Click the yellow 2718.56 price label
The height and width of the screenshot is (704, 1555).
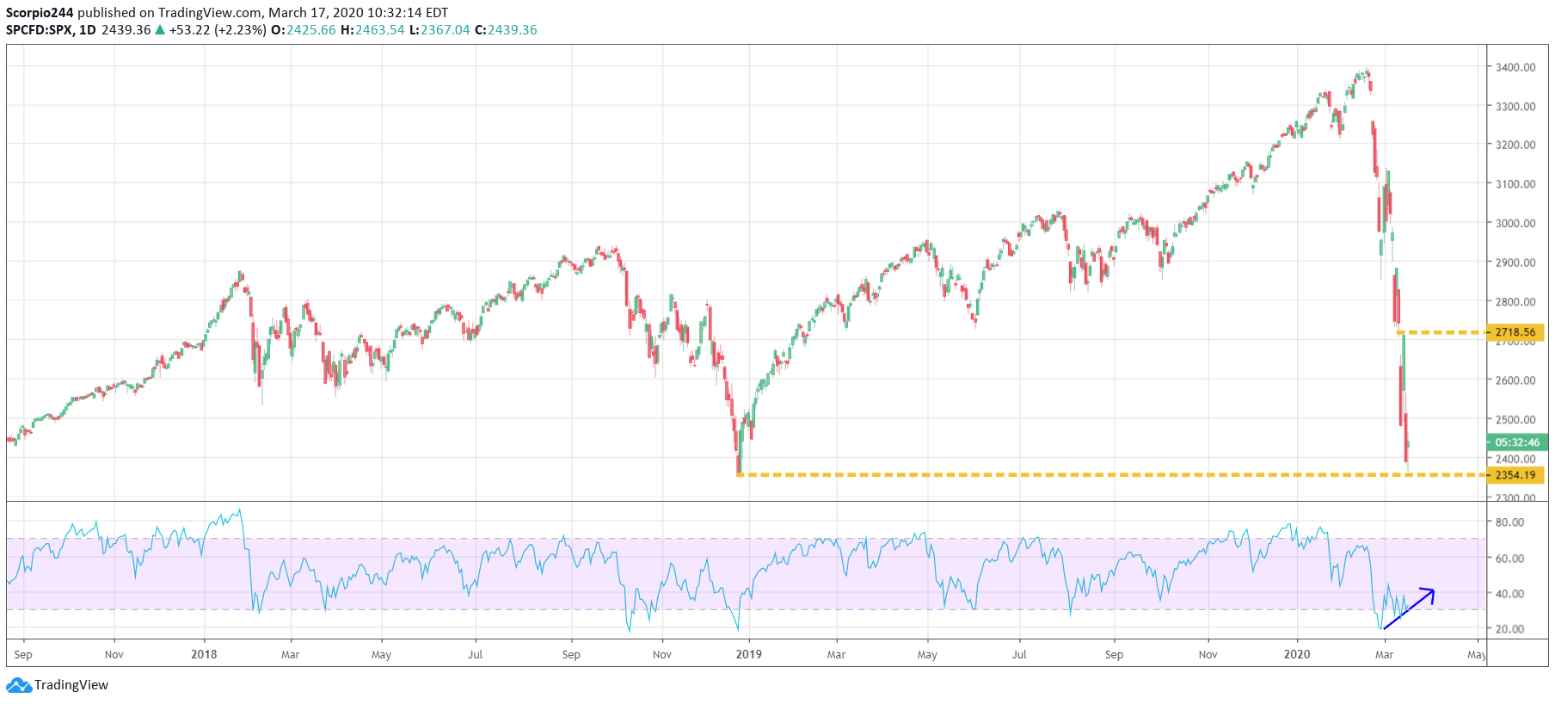tap(1515, 332)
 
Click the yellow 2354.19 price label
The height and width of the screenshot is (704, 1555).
tap(1515, 475)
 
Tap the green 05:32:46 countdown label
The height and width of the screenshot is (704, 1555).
tap(1516, 442)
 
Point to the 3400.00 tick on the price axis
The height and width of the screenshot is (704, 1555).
tap(1515, 67)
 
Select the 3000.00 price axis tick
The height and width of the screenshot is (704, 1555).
tap(1515, 223)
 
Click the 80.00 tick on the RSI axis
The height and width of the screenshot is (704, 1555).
tap(1509, 522)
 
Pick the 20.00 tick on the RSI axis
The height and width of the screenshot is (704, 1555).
tap(1509, 629)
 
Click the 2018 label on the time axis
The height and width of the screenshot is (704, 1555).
tap(204, 654)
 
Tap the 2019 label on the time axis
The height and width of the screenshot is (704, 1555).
tap(748, 654)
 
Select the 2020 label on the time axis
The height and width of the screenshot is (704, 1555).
tap(1296, 654)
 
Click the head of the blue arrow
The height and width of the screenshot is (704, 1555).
tap(1431, 591)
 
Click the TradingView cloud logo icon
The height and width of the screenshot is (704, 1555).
tap(18, 686)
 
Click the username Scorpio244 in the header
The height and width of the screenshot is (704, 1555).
tap(40, 13)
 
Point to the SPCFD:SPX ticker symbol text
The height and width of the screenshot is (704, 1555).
tap(39, 30)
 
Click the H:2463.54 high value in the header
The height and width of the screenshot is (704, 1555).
tap(372, 30)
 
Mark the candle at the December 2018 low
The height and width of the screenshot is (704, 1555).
tap(738, 456)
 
